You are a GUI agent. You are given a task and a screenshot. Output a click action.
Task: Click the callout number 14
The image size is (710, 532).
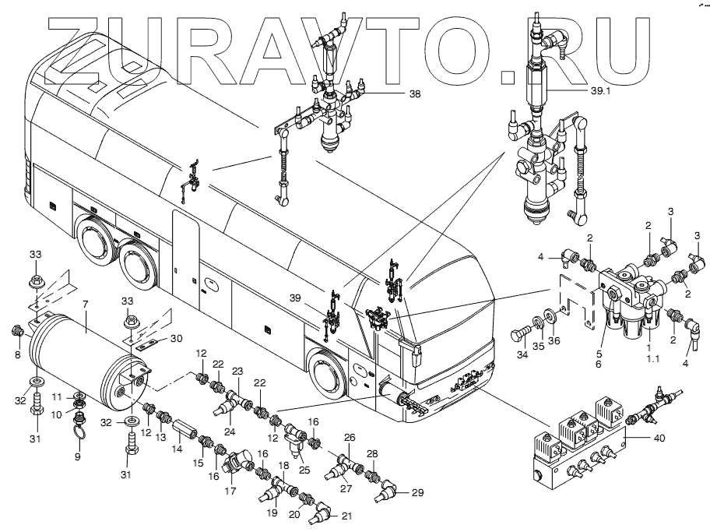click(x=176, y=449)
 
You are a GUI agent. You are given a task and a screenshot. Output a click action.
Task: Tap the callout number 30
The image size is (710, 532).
click(x=177, y=338)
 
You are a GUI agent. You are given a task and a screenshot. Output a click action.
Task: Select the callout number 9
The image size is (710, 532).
click(x=78, y=457)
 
